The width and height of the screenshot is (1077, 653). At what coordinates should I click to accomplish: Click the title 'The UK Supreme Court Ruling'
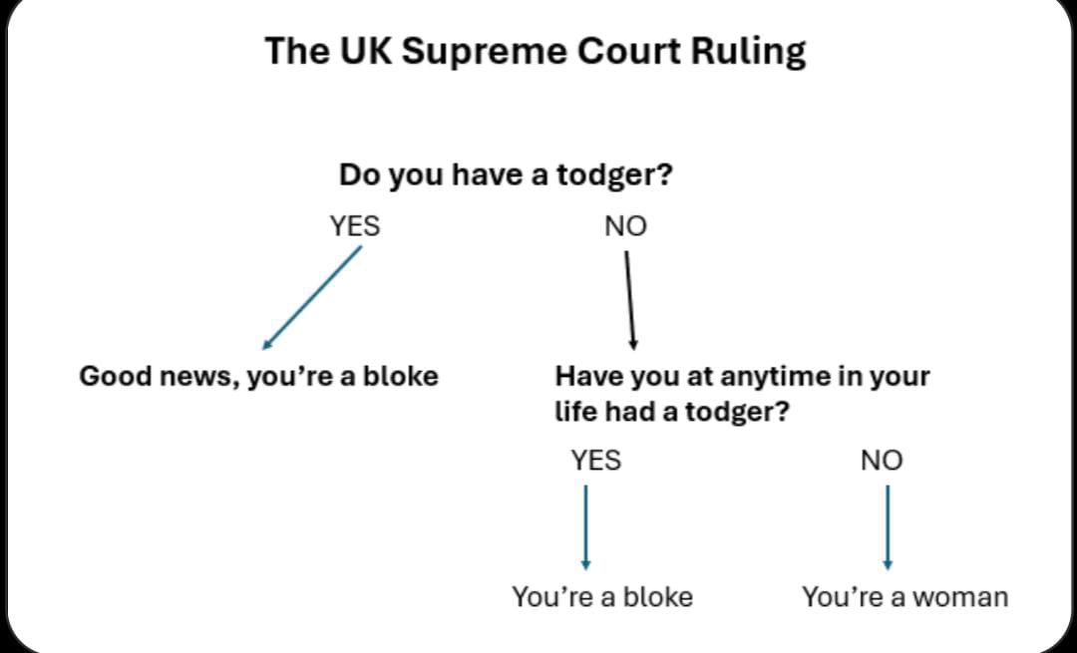point(536,52)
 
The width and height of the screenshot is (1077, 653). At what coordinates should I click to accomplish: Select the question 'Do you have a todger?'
point(506,175)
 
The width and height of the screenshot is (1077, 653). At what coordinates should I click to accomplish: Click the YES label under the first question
point(355,226)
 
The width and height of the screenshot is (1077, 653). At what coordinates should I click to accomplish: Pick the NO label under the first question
point(625,226)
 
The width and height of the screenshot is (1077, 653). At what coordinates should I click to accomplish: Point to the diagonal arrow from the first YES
point(312,298)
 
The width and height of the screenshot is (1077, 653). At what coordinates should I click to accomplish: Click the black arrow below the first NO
point(630,300)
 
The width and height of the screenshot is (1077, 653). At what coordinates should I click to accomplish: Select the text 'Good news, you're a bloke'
point(259,376)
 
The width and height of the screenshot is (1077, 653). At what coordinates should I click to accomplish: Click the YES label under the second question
point(596,460)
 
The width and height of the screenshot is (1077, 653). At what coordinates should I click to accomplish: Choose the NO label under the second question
point(882,460)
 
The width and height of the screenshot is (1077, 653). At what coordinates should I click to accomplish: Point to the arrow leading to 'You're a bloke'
point(586,527)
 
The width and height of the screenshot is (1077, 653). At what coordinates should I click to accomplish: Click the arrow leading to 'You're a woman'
point(888,527)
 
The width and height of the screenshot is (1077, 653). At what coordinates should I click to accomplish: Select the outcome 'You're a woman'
point(905,597)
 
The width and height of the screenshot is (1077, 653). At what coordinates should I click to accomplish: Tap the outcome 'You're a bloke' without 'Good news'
point(602,597)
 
